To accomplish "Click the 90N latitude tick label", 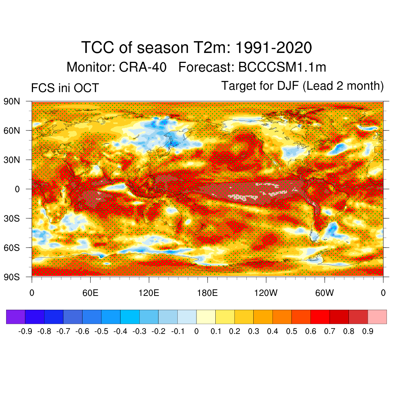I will point(12,102).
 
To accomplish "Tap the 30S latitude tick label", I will point(12,218).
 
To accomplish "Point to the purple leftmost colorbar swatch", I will point(16,317).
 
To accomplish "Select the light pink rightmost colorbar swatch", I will point(377,317).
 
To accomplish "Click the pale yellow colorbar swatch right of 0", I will point(206,317).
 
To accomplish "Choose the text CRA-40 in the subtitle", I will point(143,68).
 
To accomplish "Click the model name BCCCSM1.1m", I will point(282,68).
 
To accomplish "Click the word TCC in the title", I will point(96,48).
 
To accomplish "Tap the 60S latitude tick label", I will point(12,248).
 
